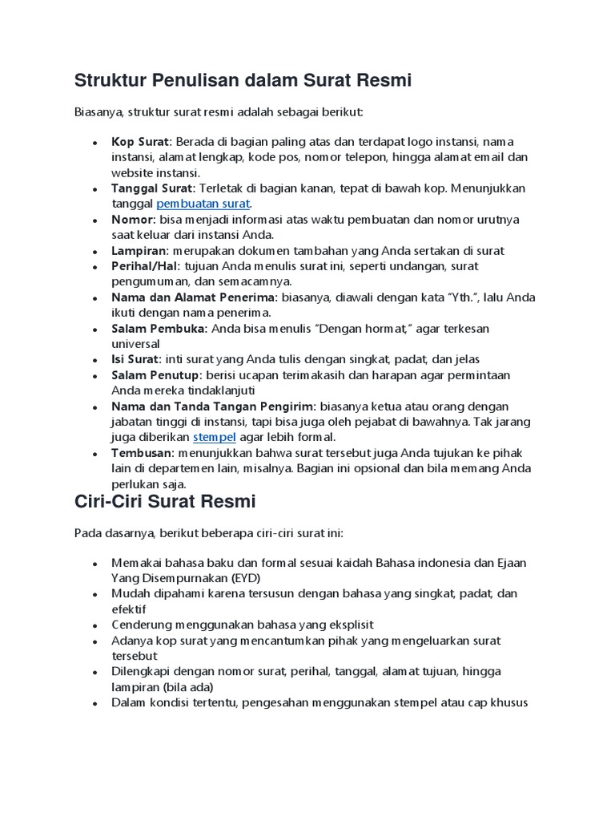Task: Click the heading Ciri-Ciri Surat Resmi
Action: click(165, 502)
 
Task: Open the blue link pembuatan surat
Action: click(203, 204)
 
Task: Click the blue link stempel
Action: click(214, 437)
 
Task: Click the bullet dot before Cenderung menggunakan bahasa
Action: click(95, 625)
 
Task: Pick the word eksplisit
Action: click(345, 624)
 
